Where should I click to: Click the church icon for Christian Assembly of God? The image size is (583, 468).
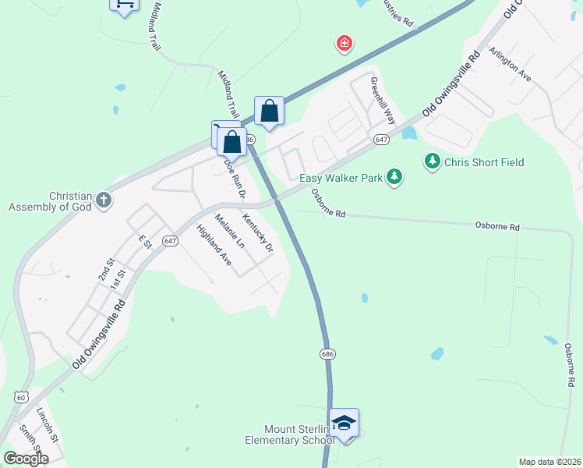click(x=103, y=201)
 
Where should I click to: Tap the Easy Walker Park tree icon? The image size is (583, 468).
click(x=395, y=178)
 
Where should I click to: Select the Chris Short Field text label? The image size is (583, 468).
click(x=484, y=162)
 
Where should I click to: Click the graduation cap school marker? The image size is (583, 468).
click(x=344, y=424)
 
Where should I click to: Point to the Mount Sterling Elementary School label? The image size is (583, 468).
click(x=289, y=435)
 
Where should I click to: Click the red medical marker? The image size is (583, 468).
click(x=344, y=43)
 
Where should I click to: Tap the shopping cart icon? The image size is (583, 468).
click(x=123, y=5)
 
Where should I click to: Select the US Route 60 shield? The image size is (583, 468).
click(x=20, y=397)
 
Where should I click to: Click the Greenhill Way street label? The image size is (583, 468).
click(x=383, y=101)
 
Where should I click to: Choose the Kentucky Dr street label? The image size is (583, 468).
click(x=258, y=233)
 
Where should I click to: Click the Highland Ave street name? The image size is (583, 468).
click(x=214, y=246)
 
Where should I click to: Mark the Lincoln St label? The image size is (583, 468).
click(x=48, y=424)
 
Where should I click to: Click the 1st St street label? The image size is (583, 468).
click(x=118, y=282)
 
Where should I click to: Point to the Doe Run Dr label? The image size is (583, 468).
click(x=235, y=178)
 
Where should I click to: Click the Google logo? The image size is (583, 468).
click(x=26, y=459)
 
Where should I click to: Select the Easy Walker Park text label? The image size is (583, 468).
click(x=341, y=178)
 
